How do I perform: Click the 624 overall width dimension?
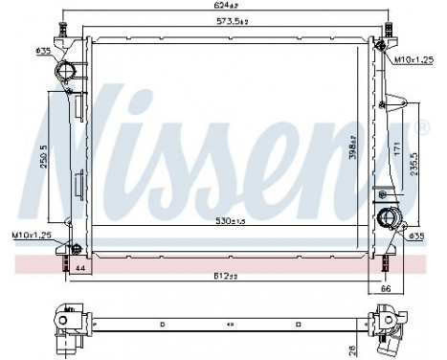pyautogui.click(x=224, y=10)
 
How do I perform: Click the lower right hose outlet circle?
pyautogui.click(x=388, y=216)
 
